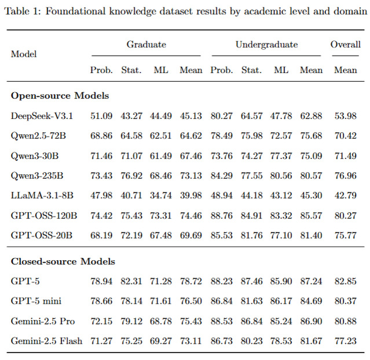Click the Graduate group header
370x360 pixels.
tap(146, 45)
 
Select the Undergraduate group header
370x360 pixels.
tap(267, 45)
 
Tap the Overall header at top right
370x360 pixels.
tap(346, 45)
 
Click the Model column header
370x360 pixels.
tap(24, 54)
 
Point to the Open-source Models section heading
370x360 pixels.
tap(60, 96)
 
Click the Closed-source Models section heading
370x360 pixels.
tap(63, 261)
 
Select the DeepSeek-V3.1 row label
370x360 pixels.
tap(42, 116)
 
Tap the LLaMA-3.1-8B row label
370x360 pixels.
tap(42, 195)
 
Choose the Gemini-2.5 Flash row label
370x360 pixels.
tap(46, 341)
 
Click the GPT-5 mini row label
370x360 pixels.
tap(36, 301)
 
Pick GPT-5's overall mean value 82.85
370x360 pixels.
tap(346, 281)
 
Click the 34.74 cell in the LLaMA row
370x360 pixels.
tap(161, 195)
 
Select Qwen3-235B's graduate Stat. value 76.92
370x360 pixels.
tap(131, 176)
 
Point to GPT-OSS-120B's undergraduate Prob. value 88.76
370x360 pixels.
tap(222, 216)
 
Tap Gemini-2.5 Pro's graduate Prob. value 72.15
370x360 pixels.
tap(101, 321)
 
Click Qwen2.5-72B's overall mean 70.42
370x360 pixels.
tap(346, 136)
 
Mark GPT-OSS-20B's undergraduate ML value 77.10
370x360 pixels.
tap(281, 235)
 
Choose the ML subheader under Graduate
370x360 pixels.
tap(161, 70)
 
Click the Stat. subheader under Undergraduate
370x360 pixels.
tap(251, 70)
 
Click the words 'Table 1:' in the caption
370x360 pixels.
tap(23, 12)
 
